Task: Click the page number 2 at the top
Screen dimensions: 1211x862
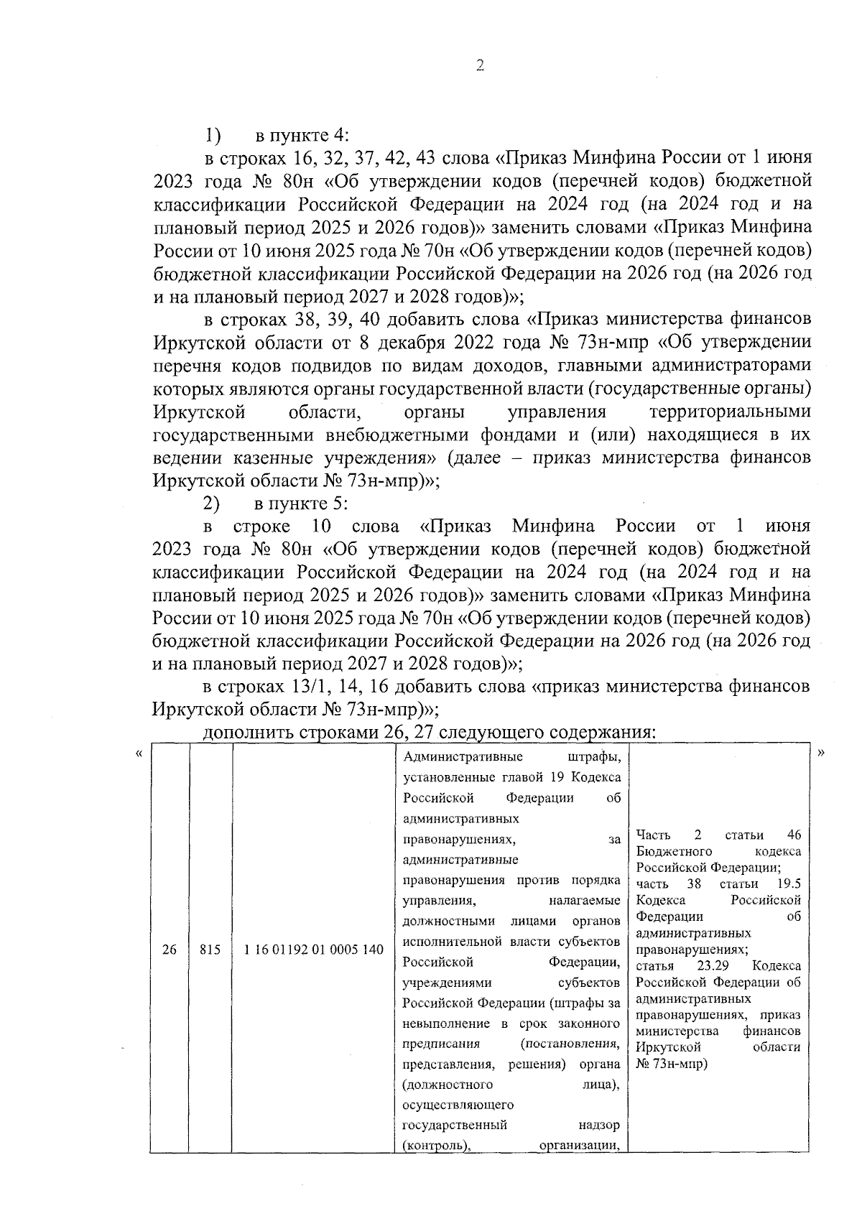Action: pos(480,65)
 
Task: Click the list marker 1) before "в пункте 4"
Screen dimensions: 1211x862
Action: pos(213,134)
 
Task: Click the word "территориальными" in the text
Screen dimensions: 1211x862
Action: pos(730,412)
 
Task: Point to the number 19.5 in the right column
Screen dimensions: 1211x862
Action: pos(788,884)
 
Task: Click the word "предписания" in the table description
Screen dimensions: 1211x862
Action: pos(441,1043)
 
